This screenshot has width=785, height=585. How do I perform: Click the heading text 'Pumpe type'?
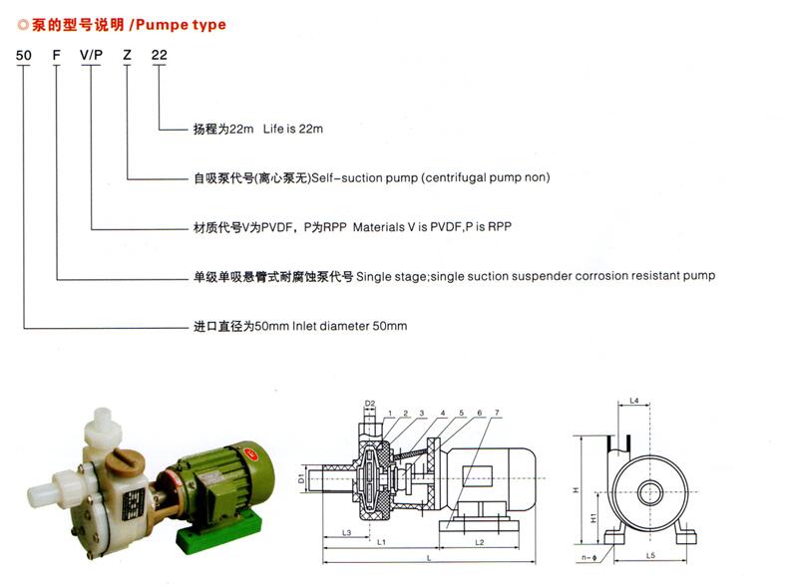pyautogui.click(x=181, y=25)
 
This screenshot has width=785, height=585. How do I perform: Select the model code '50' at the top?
pyautogui.click(x=24, y=55)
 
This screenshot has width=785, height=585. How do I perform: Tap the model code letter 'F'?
pyautogui.click(x=57, y=55)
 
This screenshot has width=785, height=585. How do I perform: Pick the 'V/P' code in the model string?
pyautogui.click(x=91, y=55)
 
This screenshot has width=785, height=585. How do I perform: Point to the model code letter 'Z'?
pyautogui.click(x=127, y=55)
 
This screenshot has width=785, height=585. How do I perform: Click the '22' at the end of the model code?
pyautogui.click(x=160, y=55)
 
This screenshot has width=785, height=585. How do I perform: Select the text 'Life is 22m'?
pyautogui.click(x=293, y=129)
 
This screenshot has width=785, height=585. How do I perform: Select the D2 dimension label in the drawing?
pyautogui.click(x=370, y=404)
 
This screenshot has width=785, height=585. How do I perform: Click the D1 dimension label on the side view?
pyautogui.click(x=301, y=478)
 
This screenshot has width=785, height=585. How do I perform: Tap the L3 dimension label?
pyautogui.click(x=346, y=532)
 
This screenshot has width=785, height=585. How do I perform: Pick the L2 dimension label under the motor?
pyautogui.click(x=479, y=542)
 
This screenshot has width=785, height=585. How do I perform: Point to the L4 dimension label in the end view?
pyautogui.click(x=633, y=401)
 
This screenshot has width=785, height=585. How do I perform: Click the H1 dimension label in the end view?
pyautogui.click(x=593, y=518)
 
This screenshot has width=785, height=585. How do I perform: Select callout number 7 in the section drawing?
pyautogui.click(x=497, y=413)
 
